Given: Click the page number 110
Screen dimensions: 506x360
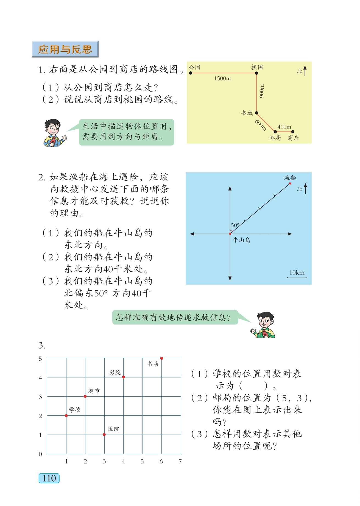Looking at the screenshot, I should (49, 478).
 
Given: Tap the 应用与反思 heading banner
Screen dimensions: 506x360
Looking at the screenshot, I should (65, 49).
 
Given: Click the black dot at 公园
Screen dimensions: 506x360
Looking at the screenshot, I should (191, 73).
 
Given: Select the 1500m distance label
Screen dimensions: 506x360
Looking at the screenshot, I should (222, 79).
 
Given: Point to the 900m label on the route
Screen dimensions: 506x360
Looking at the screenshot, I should (262, 91).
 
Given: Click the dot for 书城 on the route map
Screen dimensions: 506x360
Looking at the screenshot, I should (256, 113).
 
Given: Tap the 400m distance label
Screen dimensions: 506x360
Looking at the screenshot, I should (284, 127).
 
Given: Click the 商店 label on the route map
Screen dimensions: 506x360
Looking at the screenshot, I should (293, 138).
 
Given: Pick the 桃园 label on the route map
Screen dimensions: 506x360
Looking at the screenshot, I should (257, 67).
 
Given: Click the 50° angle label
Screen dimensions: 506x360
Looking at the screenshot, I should (235, 225).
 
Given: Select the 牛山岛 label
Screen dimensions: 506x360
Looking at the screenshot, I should (242, 240).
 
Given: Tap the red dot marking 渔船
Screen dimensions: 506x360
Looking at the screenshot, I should (290, 183).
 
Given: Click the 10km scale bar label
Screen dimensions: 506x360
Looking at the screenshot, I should (297, 273).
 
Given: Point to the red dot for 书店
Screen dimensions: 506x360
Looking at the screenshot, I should (161, 358).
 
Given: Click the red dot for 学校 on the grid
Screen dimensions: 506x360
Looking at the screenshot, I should (66, 416).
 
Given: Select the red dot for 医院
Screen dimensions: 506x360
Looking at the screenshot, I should (104, 435).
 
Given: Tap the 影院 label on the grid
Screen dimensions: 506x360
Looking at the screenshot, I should (115, 372).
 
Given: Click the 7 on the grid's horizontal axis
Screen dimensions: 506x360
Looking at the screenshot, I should (180, 461).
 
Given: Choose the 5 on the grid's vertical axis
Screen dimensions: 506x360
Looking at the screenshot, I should (40, 359).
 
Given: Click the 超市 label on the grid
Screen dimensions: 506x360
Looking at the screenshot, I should (94, 391).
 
